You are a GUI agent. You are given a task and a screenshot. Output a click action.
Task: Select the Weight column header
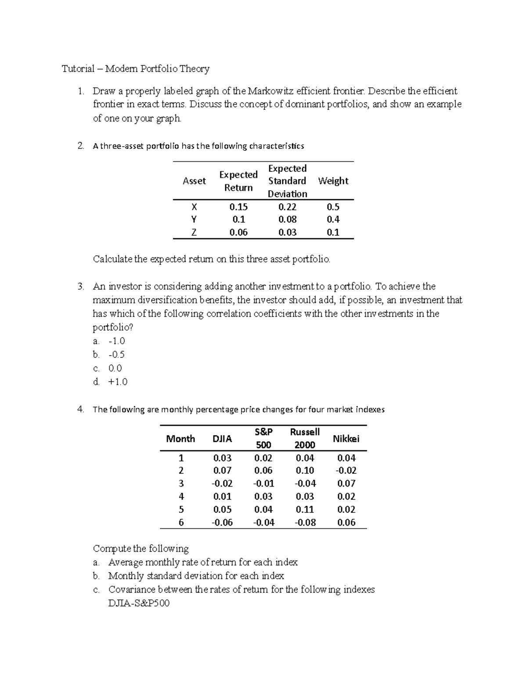coord(333,181)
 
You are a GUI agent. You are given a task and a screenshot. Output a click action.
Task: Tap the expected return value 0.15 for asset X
coord(238,207)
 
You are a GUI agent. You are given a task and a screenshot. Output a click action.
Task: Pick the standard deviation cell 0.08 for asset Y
coord(287,220)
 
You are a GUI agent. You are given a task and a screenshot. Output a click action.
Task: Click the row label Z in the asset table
coord(194,232)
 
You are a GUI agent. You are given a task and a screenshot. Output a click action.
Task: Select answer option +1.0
coord(118,382)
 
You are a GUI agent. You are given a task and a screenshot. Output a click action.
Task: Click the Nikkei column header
coord(346,439)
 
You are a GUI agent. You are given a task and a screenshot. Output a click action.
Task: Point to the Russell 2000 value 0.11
coord(304,509)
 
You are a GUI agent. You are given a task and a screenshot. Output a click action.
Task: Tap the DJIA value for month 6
coord(222,522)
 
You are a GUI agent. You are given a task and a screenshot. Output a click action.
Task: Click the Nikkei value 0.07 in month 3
coord(346,484)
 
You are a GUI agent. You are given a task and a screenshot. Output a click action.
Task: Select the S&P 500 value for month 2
coord(263,470)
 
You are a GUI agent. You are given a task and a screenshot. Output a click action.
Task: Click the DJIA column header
coord(222,439)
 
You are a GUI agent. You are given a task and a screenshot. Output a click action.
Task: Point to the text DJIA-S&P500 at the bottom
coord(139,603)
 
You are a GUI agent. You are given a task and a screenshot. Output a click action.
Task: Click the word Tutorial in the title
coord(78,69)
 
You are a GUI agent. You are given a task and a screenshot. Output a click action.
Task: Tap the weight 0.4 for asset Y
coord(333,220)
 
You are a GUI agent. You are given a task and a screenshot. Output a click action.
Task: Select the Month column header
coord(180,439)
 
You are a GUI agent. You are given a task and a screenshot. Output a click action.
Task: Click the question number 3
coord(80,287)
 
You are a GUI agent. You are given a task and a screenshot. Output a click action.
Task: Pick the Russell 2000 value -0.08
coord(304,522)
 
